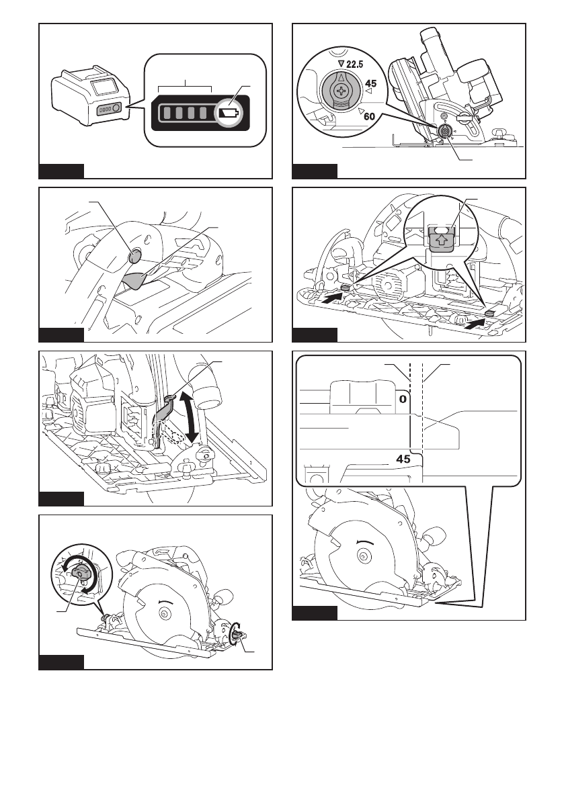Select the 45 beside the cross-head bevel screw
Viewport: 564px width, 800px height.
coord(370,85)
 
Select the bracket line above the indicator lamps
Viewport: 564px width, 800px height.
coord(185,87)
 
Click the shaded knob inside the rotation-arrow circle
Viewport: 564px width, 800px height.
coord(82,573)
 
